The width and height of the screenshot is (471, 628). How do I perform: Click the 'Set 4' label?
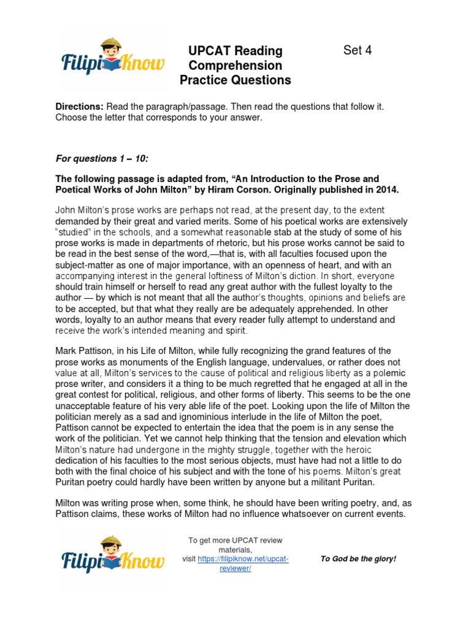click(358, 51)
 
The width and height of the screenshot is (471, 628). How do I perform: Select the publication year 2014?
click(386, 190)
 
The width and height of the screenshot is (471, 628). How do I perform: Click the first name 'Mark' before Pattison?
click(67, 351)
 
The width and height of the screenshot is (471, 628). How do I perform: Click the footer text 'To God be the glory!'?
click(359, 559)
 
